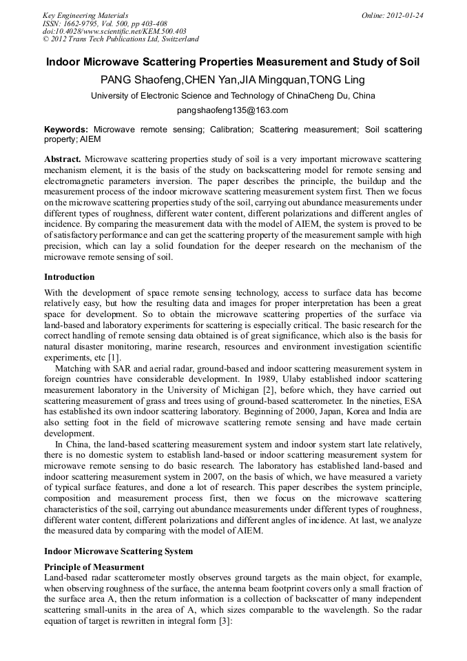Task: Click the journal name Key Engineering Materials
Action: click(x=85, y=14)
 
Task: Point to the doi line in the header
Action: click(x=114, y=31)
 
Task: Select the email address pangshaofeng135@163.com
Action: click(x=233, y=110)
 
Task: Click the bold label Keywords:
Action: click(x=66, y=129)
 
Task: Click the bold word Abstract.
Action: click(x=63, y=159)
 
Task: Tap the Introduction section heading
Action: click(x=70, y=277)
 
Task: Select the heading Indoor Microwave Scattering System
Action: click(x=118, y=551)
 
